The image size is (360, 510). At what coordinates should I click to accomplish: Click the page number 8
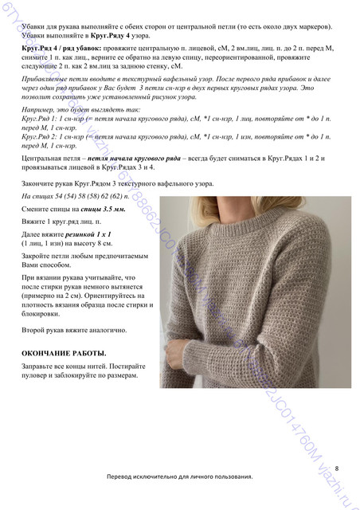click(337, 468)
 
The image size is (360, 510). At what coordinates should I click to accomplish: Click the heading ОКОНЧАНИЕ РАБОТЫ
click(63, 352)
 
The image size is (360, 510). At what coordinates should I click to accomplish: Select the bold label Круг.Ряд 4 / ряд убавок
click(57, 49)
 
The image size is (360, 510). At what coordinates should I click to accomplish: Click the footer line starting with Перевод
click(179, 498)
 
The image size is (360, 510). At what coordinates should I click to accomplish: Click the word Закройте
click(37, 261)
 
